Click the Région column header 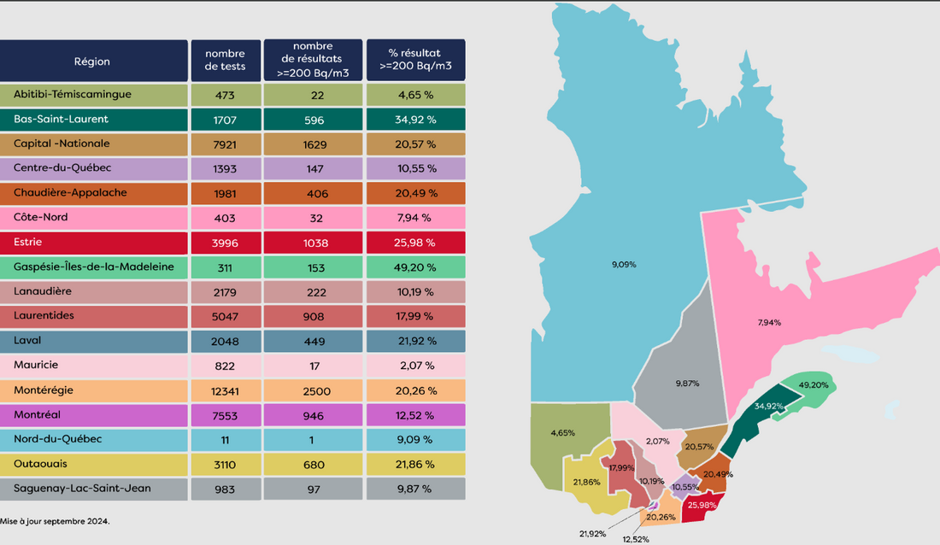[92, 62]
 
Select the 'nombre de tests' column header [226, 61]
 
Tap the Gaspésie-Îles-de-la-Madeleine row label [94, 267]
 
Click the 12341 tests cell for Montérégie [226, 390]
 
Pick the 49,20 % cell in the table [416, 267]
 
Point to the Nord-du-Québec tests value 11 [226, 439]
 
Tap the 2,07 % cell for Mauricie [416, 366]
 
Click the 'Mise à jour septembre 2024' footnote [55, 520]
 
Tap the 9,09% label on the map [624, 266]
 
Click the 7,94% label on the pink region [768, 322]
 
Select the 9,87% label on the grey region [687, 384]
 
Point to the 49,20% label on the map [813, 385]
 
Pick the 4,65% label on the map [562, 433]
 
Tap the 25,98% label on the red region [703, 505]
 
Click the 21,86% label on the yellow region [586, 482]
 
